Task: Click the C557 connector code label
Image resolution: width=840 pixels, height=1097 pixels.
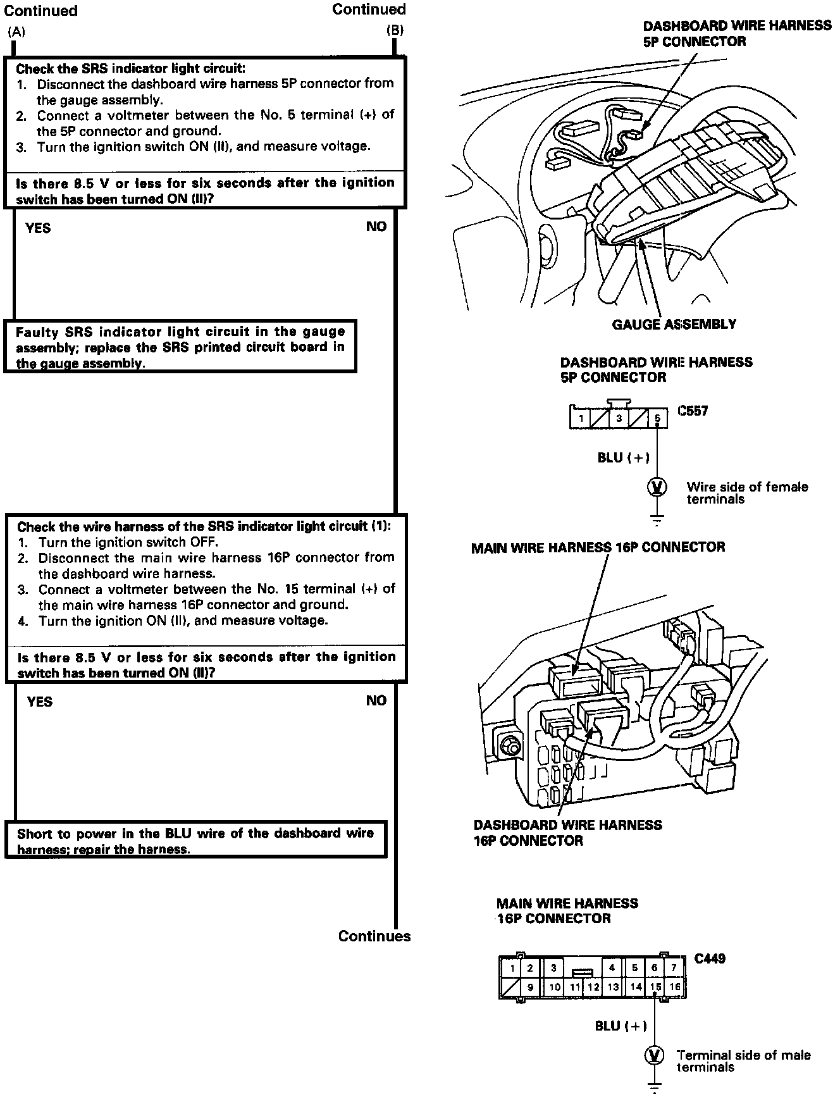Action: pyautogui.click(x=693, y=411)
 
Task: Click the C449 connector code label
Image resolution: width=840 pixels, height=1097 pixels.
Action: pyautogui.click(x=710, y=958)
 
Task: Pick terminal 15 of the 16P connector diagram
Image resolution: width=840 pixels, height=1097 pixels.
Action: pyautogui.click(x=655, y=987)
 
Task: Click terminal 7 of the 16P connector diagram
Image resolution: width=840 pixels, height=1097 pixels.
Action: pyautogui.click(x=674, y=968)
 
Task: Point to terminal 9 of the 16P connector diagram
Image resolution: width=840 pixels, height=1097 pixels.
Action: pyautogui.click(x=530, y=987)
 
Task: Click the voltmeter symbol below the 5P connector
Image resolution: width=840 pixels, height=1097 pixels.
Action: pyautogui.click(x=658, y=487)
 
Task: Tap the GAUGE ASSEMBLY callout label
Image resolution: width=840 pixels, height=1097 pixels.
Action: pyautogui.click(x=674, y=325)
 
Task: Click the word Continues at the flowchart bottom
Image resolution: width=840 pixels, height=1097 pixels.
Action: pyautogui.click(x=374, y=936)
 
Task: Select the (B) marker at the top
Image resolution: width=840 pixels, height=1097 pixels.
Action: pyautogui.click(x=395, y=30)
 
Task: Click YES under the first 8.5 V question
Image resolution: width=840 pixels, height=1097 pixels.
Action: pyautogui.click(x=38, y=228)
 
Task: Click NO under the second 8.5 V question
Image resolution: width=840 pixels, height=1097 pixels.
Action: pyautogui.click(x=376, y=700)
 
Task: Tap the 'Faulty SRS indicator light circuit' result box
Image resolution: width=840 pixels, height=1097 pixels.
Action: pyautogui.click(x=180, y=347)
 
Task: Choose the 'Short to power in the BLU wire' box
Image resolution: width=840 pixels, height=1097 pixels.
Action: pyautogui.click(x=195, y=841)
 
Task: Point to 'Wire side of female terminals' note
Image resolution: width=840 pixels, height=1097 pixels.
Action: pyautogui.click(x=747, y=493)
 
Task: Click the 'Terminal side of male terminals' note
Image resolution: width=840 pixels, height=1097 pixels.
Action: pyautogui.click(x=743, y=1061)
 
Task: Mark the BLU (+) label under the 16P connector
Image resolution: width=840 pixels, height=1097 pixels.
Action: pyautogui.click(x=621, y=1026)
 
